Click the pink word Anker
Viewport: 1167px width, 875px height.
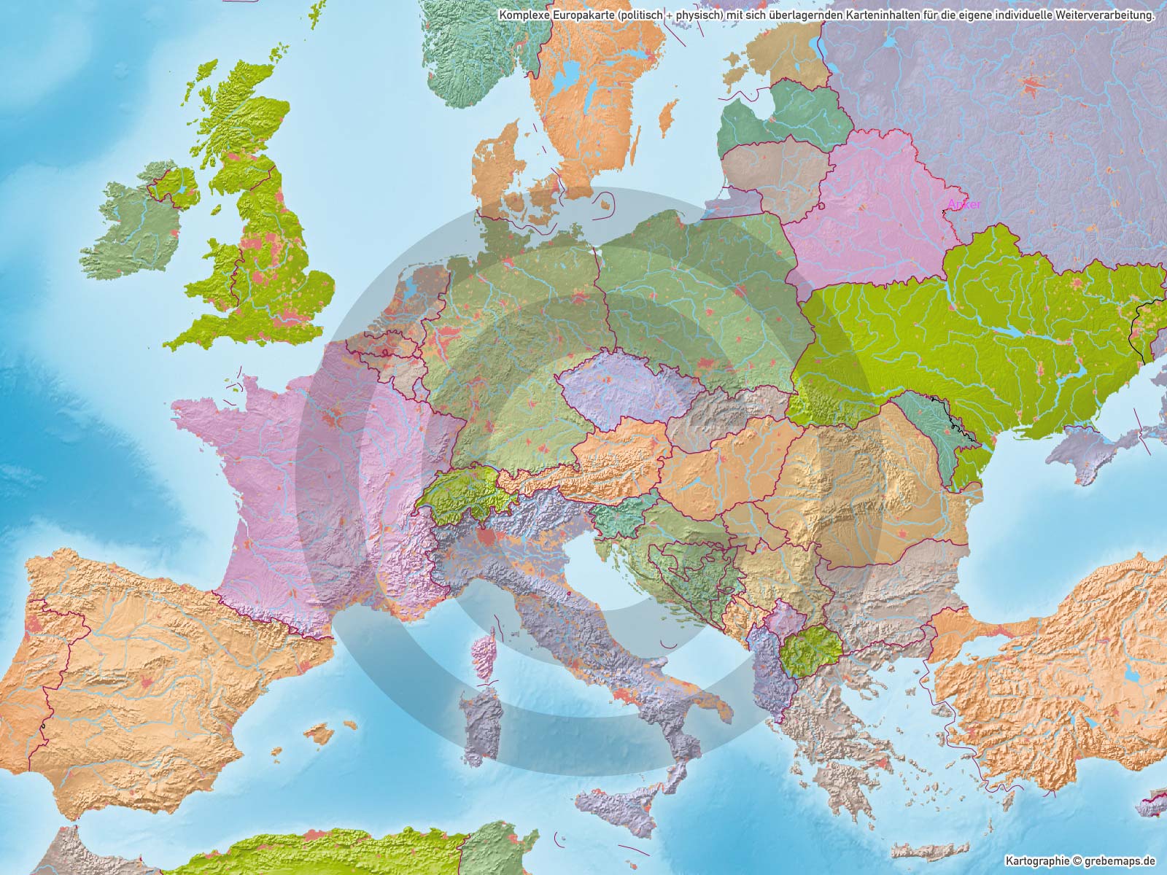964,205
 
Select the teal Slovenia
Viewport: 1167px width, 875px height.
620,519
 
